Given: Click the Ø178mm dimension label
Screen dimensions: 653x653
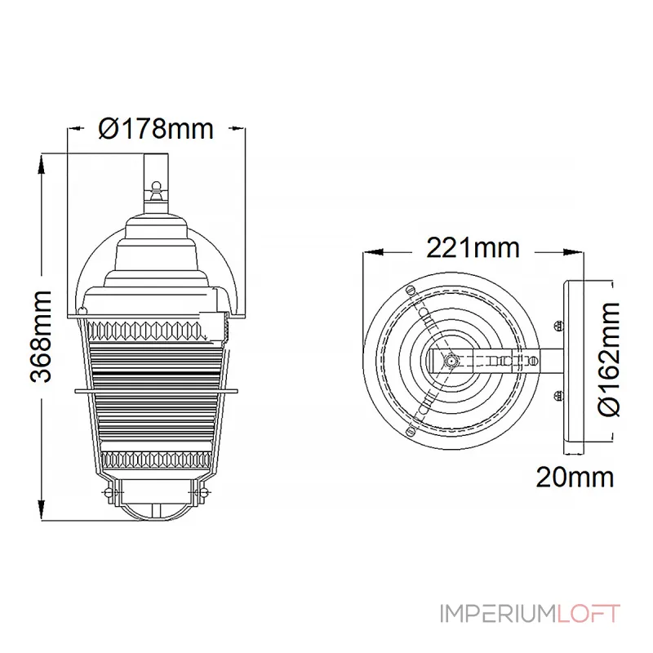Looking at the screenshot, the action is coord(156,129).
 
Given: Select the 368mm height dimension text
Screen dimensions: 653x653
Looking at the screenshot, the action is coord(41,337).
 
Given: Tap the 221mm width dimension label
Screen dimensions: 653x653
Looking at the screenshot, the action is coord(473,248).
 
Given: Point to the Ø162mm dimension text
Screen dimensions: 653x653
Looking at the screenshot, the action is coord(609,359).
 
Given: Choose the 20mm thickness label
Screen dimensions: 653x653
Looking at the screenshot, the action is coord(575,478).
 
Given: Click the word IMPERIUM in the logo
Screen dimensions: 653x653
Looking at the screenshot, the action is coord(498,614).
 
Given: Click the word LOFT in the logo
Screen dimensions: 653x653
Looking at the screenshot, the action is coord(589,614).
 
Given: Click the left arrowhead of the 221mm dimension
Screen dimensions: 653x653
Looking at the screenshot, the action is coord(373,252).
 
